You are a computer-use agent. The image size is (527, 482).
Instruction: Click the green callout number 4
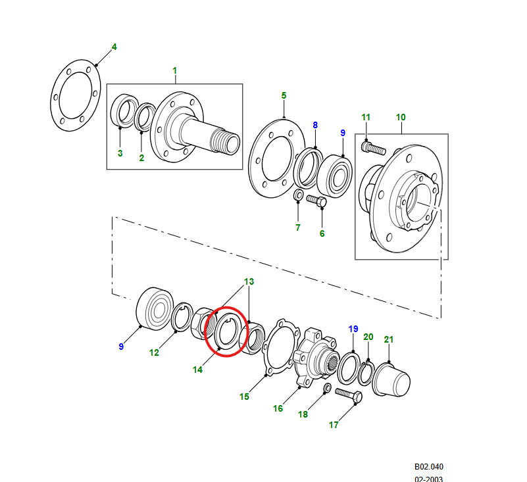[114, 47]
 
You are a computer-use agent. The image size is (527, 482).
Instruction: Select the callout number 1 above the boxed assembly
[175, 70]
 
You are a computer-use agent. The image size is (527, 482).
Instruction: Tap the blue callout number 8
[315, 125]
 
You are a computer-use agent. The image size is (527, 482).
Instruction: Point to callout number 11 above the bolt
[366, 117]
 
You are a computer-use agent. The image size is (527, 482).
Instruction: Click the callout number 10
[401, 117]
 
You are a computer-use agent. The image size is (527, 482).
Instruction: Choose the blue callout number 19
[353, 328]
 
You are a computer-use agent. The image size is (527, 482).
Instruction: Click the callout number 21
[389, 339]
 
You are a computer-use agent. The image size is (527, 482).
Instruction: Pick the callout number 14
[197, 370]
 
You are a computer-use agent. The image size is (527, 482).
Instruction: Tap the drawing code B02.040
[429, 466]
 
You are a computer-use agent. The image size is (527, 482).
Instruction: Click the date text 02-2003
[428, 479]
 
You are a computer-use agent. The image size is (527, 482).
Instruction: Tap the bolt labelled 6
[317, 201]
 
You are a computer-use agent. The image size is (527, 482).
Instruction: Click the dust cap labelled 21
[392, 381]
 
